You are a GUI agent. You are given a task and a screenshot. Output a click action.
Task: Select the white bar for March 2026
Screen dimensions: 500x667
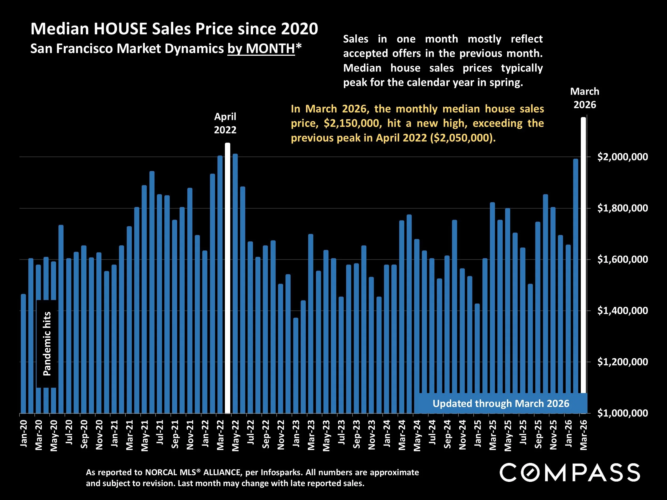point(583,256)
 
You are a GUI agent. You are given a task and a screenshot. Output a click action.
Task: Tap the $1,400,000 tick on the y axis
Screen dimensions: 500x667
point(622,310)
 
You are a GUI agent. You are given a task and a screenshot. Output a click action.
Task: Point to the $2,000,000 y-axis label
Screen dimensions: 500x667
point(622,157)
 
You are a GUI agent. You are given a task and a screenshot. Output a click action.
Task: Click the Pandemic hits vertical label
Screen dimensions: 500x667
point(47,343)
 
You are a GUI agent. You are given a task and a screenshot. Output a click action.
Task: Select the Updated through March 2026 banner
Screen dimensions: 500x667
point(501,403)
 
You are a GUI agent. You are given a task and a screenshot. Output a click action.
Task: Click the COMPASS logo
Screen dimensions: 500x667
point(570,473)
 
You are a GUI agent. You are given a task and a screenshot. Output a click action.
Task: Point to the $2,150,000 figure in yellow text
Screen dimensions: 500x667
point(351,123)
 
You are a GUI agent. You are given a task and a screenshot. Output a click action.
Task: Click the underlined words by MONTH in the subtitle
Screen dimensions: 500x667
point(261,49)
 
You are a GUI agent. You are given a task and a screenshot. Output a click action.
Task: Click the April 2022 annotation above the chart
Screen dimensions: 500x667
point(225,123)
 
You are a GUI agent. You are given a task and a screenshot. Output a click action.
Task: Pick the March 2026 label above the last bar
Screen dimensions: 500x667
point(584,98)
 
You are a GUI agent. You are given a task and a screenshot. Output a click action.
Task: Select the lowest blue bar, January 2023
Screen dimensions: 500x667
point(296,365)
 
